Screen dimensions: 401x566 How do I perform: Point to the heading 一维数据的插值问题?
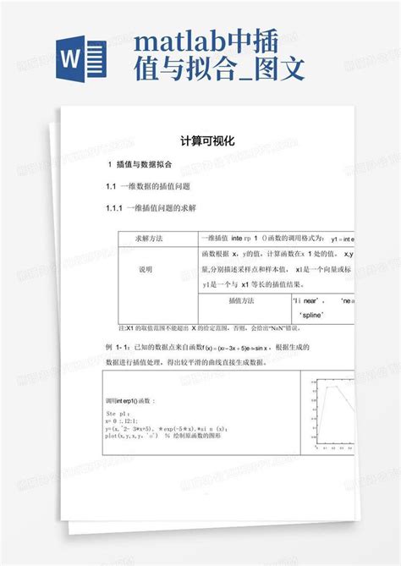[153, 186]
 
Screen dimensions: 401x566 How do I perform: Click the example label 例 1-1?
[118, 348]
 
